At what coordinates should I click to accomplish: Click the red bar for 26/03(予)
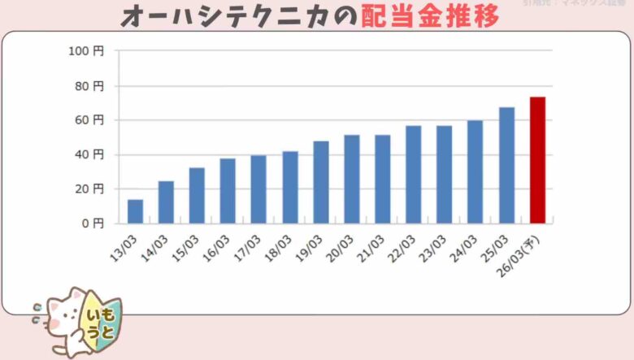point(537,160)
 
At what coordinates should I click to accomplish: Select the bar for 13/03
point(135,211)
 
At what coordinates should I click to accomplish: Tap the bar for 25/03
point(506,165)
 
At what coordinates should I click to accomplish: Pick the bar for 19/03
point(321,182)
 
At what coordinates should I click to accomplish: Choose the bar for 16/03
point(228,191)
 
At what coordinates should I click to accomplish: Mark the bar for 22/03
point(414,175)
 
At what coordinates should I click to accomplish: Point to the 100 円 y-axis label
point(87,51)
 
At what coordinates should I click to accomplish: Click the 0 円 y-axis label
point(92,223)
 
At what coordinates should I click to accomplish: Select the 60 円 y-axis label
point(89,120)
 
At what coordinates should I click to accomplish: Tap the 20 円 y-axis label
point(89,189)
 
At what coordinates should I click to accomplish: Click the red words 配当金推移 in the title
point(429,15)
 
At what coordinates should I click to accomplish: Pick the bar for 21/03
point(383,179)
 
